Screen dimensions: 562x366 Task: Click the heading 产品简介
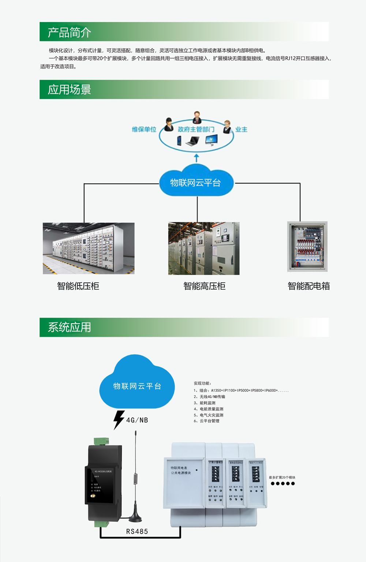(x=70, y=33)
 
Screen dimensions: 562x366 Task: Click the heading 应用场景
(x=70, y=90)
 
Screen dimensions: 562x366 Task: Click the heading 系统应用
(x=70, y=327)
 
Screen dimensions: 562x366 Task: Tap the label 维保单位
(x=144, y=129)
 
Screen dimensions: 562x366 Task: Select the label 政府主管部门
(x=196, y=129)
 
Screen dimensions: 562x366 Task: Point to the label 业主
(x=241, y=129)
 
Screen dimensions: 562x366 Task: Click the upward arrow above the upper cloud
(x=197, y=158)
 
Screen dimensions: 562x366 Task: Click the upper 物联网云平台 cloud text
(x=195, y=183)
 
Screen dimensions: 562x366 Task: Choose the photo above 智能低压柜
(x=89, y=248)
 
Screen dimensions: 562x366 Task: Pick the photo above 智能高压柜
(x=204, y=248)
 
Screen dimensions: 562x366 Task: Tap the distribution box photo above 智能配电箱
(x=307, y=246)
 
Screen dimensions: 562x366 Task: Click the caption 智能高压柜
(x=204, y=286)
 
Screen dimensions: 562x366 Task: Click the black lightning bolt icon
(x=119, y=420)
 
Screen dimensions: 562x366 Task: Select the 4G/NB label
(x=137, y=420)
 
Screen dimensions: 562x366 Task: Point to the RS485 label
(x=137, y=532)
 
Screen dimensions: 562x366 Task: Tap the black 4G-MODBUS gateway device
(x=104, y=483)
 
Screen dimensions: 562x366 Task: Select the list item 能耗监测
(x=208, y=403)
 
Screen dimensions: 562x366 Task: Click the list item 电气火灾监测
(x=211, y=415)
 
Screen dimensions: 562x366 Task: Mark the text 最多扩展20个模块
(x=282, y=478)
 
